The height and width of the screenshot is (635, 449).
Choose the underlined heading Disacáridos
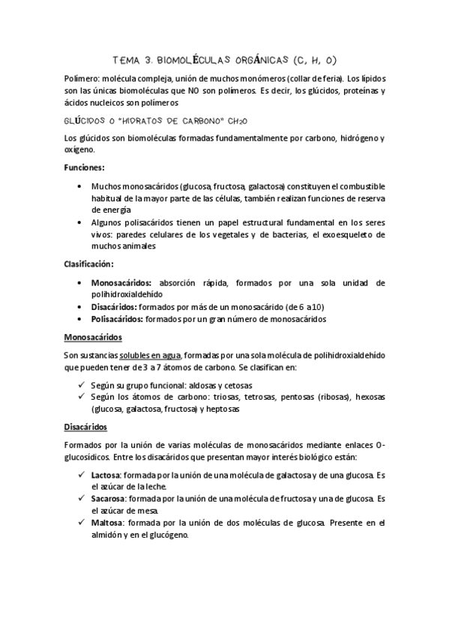tap(86, 427)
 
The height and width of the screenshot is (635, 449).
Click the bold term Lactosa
tap(106, 474)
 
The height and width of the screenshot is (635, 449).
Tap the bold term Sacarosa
tap(108, 499)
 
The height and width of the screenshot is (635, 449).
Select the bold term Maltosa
tap(107, 523)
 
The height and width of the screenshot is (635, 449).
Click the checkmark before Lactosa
tap(79, 474)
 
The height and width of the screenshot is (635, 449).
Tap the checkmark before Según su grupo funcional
tap(79, 383)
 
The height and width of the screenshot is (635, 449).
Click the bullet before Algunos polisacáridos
tap(79, 222)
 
